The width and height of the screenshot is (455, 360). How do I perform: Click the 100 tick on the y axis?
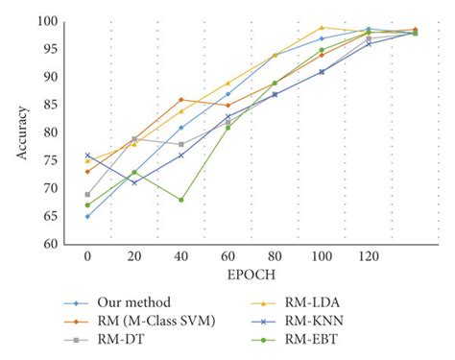46,21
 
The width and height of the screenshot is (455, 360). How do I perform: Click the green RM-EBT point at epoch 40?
180,200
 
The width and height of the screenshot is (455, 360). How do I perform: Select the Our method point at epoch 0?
87,216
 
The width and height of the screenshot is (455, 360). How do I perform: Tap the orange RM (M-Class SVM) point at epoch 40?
180,99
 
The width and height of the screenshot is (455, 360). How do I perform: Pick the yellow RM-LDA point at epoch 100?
322,27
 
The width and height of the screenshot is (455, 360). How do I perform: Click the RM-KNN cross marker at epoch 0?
87,155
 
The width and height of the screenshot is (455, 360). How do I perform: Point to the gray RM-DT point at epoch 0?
87,194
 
